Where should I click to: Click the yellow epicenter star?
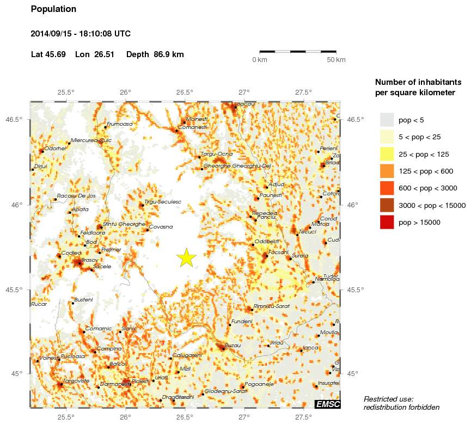(x=186, y=258)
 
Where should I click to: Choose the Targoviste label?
(x=76, y=381)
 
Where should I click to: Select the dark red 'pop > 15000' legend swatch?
(x=387, y=222)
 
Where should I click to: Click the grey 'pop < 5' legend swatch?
(x=387, y=119)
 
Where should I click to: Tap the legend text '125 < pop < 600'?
(x=427, y=171)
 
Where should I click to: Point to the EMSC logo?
(x=327, y=404)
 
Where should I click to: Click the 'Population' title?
(x=54, y=9)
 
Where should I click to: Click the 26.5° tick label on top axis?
(x=185, y=92)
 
